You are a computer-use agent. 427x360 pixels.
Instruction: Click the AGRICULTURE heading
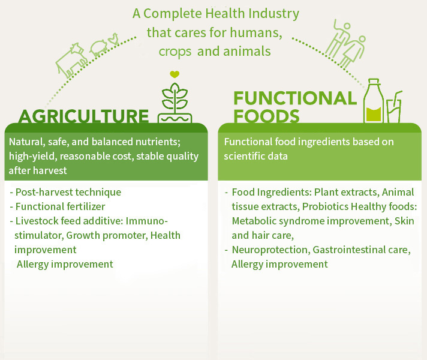click(83, 116)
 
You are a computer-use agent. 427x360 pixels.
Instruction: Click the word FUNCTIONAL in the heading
click(295, 98)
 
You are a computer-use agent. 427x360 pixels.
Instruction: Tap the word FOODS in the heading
click(266, 116)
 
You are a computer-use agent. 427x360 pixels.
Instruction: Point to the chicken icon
click(113, 39)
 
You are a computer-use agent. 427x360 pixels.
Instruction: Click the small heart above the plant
click(175, 74)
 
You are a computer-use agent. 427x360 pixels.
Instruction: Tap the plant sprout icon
click(175, 103)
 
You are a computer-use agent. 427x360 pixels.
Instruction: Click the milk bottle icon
click(374, 101)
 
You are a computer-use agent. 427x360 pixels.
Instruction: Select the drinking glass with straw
click(394, 107)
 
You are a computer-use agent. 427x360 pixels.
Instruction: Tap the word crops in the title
click(175, 52)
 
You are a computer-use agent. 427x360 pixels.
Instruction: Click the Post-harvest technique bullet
click(65, 192)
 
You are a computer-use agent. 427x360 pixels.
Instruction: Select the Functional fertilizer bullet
click(57, 206)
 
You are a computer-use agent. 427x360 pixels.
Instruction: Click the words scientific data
click(255, 156)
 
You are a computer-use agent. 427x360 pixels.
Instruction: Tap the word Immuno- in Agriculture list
click(146, 221)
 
